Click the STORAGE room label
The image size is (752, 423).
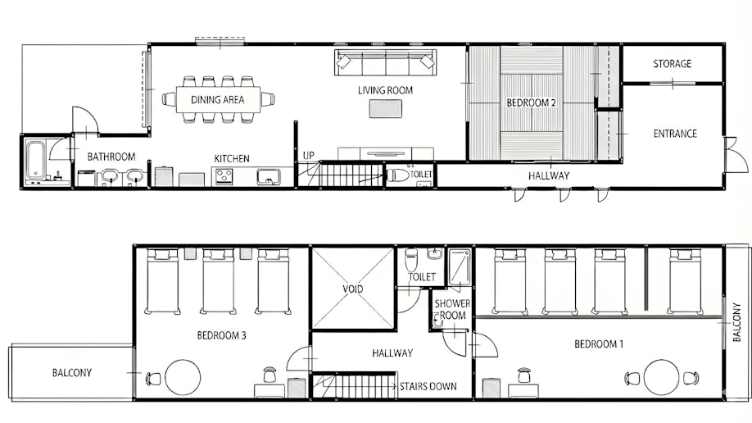(672, 63)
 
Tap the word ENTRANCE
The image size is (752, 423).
(675, 134)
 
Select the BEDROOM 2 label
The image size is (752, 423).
(531, 102)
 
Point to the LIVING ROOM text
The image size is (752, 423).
(385, 90)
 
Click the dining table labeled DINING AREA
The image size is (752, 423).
(218, 99)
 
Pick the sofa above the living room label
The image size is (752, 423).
(386, 62)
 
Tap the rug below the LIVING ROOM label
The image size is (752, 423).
(386, 108)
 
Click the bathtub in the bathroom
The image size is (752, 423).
(35, 159)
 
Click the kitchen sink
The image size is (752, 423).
(269, 177)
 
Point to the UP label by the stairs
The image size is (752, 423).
(308, 156)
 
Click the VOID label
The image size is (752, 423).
(352, 289)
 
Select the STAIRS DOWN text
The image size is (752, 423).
(428, 386)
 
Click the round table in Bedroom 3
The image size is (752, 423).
(182, 377)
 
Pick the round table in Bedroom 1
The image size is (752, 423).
(661, 377)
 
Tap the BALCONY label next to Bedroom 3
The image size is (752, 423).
(71, 373)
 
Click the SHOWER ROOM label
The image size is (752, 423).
(452, 310)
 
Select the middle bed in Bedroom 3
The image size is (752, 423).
(218, 281)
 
